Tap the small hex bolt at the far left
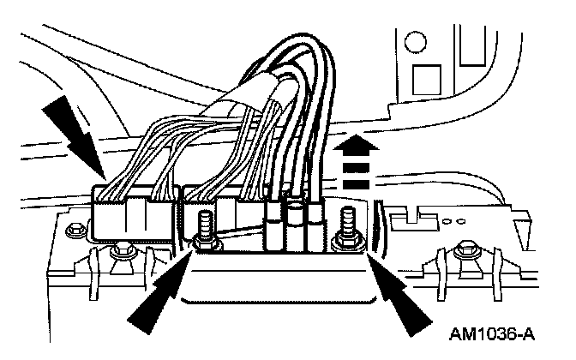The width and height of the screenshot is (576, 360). click(74, 230)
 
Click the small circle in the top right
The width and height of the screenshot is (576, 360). click(415, 40)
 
